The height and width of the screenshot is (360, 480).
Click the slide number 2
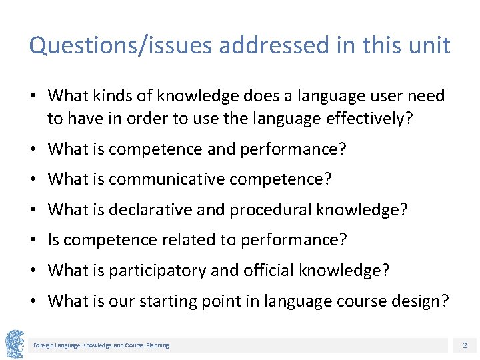pos(464,345)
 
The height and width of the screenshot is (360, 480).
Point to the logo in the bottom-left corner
pos(15,344)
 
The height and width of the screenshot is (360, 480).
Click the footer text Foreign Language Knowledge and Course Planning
pos(101,345)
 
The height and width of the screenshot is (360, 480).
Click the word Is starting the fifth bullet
pos(54,240)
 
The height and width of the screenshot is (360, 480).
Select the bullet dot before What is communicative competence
pos(35,179)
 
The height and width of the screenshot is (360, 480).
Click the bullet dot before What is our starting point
pos(35,301)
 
